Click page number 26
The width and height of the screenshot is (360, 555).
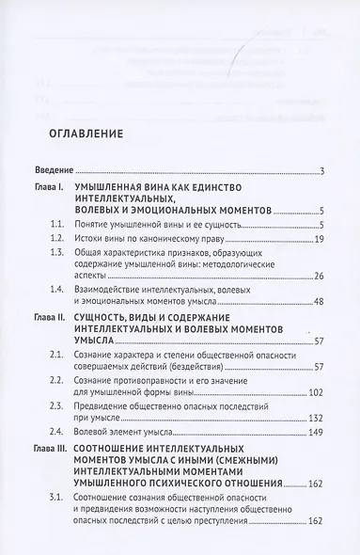point(319,301)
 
